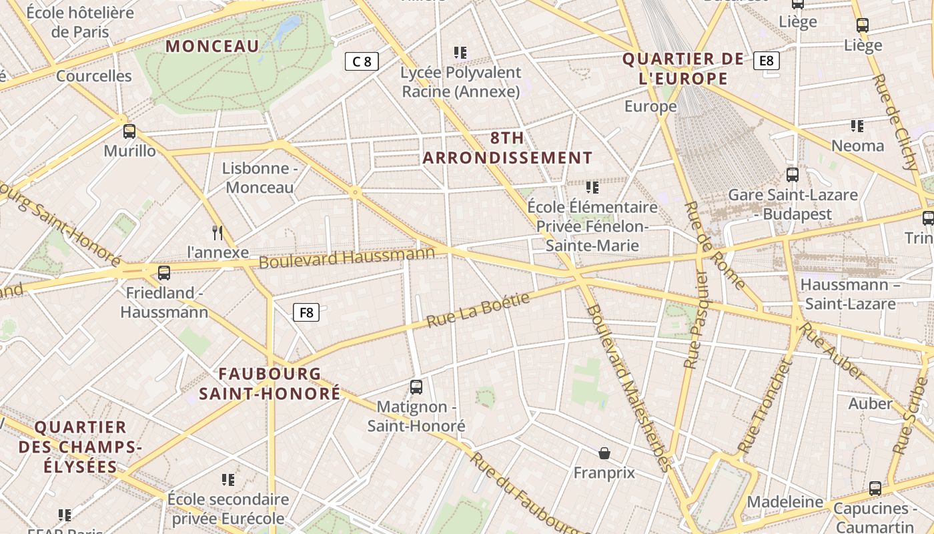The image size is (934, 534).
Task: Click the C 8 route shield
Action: click(362, 61)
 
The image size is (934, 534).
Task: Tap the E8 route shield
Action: click(767, 61)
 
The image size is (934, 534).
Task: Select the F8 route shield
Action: click(306, 312)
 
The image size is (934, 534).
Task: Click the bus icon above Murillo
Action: click(129, 131)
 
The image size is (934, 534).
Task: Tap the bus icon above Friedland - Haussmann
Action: click(163, 272)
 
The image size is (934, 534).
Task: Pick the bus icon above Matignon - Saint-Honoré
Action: click(416, 386)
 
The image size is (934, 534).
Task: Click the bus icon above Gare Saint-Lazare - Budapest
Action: click(793, 175)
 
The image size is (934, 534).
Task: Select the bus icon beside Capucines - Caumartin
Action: click(875, 489)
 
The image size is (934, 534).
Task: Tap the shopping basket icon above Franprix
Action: click(604, 453)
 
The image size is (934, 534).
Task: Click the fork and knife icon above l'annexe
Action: click(217, 232)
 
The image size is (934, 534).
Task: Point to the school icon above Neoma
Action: click(857, 125)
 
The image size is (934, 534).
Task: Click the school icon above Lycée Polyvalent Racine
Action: click(460, 52)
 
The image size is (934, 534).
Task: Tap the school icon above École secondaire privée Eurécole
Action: click(228, 479)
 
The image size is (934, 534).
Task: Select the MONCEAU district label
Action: click(212, 46)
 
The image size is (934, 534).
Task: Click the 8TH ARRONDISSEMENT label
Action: click(508, 148)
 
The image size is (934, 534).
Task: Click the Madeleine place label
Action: click(785, 501)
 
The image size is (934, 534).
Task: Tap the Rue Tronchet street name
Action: click(765, 407)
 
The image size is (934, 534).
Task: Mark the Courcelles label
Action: click(94, 75)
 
